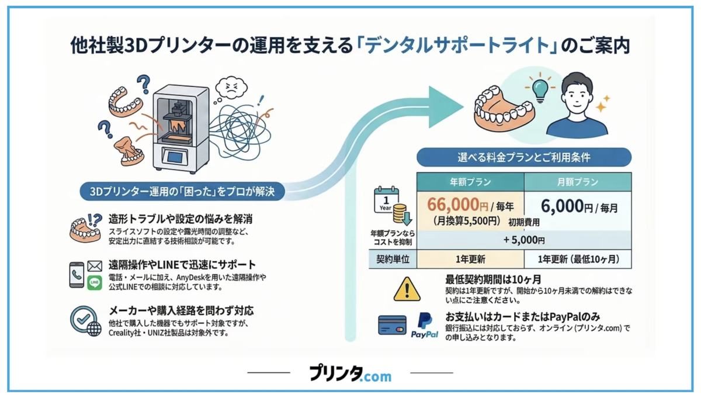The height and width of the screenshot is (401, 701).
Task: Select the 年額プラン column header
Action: [470, 182]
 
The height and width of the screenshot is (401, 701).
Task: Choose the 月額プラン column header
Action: [578, 182]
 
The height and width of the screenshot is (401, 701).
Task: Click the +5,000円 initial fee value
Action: [524, 240]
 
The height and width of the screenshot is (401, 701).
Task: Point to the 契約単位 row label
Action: [393, 259]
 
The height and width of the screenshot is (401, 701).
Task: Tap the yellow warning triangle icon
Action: [407, 289]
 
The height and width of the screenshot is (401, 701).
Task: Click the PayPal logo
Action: [424, 326]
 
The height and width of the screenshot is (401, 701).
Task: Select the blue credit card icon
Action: [392, 325]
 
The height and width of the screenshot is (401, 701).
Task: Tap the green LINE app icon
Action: [95, 283]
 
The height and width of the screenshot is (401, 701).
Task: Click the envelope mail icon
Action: [95, 266]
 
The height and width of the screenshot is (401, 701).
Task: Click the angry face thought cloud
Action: [231, 87]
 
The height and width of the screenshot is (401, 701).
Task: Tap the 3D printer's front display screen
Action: [175, 156]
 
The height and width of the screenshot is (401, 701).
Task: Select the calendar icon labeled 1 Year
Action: [386, 200]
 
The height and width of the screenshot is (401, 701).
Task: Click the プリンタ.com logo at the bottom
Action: [350, 373]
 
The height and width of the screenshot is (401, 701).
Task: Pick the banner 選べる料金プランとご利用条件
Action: [524, 157]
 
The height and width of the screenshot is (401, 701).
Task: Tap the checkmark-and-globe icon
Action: [85, 321]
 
